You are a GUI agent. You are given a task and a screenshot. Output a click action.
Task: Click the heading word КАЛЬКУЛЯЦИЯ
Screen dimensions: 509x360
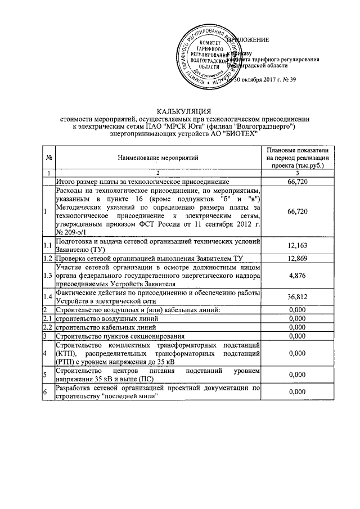coord(179,111)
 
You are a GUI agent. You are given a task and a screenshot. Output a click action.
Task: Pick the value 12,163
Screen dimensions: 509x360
coord(297,246)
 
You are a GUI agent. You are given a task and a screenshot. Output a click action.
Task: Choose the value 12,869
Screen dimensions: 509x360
coord(297,258)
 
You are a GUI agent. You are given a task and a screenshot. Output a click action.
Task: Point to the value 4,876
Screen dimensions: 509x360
coord(297,276)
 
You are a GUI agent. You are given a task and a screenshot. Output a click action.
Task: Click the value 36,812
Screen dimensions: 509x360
coord(297,298)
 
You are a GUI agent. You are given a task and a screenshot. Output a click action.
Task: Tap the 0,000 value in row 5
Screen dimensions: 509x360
coord(297,374)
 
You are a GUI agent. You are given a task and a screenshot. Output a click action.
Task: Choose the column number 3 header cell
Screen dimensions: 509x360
coord(297,173)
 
